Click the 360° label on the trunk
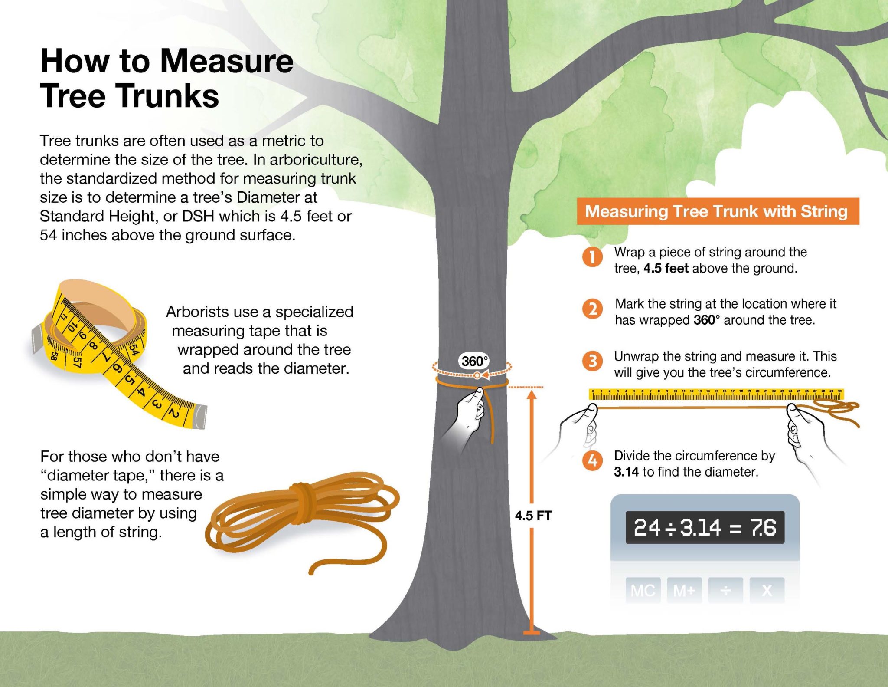474,361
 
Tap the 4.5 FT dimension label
533,516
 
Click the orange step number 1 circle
592,257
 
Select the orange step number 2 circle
592,309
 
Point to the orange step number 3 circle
592,361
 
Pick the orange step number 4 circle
592,460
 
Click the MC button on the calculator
643,591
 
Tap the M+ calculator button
684,591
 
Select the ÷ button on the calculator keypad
725,591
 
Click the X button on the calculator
767,591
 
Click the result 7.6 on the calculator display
763,528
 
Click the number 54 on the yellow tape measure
134,349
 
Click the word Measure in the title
227,61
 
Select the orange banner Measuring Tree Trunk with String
718,211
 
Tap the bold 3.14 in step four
626,472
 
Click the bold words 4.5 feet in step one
666,269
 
